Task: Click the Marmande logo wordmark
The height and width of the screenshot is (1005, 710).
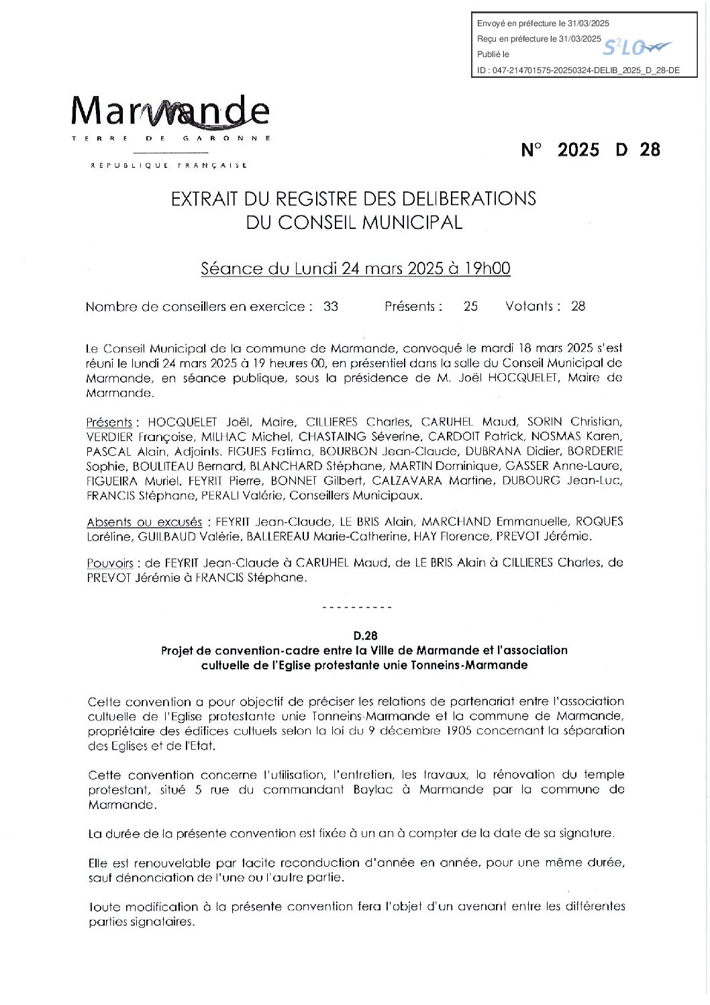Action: tap(170, 111)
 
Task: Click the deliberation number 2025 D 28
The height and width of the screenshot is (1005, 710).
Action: tap(591, 150)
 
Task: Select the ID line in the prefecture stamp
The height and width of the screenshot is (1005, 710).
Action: tap(578, 70)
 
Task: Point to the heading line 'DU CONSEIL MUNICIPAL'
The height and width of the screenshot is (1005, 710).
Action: tap(354, 222)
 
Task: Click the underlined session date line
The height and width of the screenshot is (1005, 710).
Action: tap(356, 269)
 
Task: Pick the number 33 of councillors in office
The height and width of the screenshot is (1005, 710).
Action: tap(331, 307)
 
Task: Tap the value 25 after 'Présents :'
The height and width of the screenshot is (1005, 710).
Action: tap(470, 307)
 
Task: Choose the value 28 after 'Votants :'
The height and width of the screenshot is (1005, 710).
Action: tap(578, 307)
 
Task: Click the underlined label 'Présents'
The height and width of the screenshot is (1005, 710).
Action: tap(109, 423)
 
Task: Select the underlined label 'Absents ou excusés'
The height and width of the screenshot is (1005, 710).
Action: tap(144, 522)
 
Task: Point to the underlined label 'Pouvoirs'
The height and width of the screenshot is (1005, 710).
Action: tap(110, 563)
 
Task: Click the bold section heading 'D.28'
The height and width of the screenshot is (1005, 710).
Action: tap(366, 635)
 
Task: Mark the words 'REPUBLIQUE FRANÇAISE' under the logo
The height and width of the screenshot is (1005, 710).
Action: tap(169, 165)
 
